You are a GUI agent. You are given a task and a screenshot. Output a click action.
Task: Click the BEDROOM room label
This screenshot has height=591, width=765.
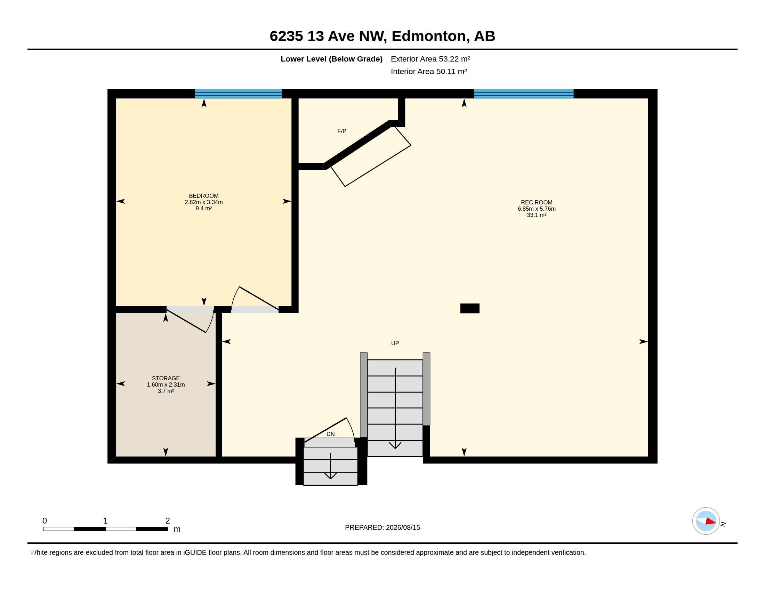tap(203, 196)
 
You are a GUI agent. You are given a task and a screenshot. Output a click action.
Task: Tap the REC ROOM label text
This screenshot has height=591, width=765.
tap(536, 202)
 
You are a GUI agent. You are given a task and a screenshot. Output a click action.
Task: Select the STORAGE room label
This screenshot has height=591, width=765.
tap(166, 378)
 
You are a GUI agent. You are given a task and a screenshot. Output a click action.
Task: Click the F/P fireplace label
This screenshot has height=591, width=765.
tap(341, 131)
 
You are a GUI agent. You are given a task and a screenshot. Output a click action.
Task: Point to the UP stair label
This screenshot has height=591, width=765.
tap(395, 343)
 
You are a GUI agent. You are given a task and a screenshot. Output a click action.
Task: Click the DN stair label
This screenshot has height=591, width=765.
tap(330, 434)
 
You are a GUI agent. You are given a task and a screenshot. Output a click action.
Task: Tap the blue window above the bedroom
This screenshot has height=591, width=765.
tap(238, 94)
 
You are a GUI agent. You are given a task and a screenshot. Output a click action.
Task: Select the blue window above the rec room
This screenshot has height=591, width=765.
tap(524, 94)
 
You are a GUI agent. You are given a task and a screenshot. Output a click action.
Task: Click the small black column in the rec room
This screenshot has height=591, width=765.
tap(470, 308)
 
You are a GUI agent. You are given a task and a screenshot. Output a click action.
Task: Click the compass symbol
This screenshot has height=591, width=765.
tap(706, 521)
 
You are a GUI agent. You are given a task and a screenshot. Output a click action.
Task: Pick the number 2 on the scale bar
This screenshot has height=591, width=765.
tap(168, 521)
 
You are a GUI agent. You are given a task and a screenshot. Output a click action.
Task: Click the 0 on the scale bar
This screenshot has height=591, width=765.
tap(45, 521)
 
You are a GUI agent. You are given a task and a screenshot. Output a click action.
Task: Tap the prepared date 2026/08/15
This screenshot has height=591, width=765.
tap(403, 527)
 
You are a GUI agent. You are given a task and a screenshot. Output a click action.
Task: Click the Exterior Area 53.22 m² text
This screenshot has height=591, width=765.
tap(430, 59)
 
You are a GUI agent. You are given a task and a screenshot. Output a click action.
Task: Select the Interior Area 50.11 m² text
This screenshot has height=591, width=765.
tap(429, 71)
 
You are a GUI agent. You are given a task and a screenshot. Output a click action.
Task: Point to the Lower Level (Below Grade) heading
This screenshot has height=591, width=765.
tap(331, 59)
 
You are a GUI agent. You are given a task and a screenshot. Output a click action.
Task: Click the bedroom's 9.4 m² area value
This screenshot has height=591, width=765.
tap(203, 208)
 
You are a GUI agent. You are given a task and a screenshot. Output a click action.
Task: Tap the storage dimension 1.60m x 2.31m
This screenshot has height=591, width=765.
tap(166, 384)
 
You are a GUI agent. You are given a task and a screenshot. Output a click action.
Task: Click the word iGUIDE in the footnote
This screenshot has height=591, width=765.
tap(194, 552)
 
